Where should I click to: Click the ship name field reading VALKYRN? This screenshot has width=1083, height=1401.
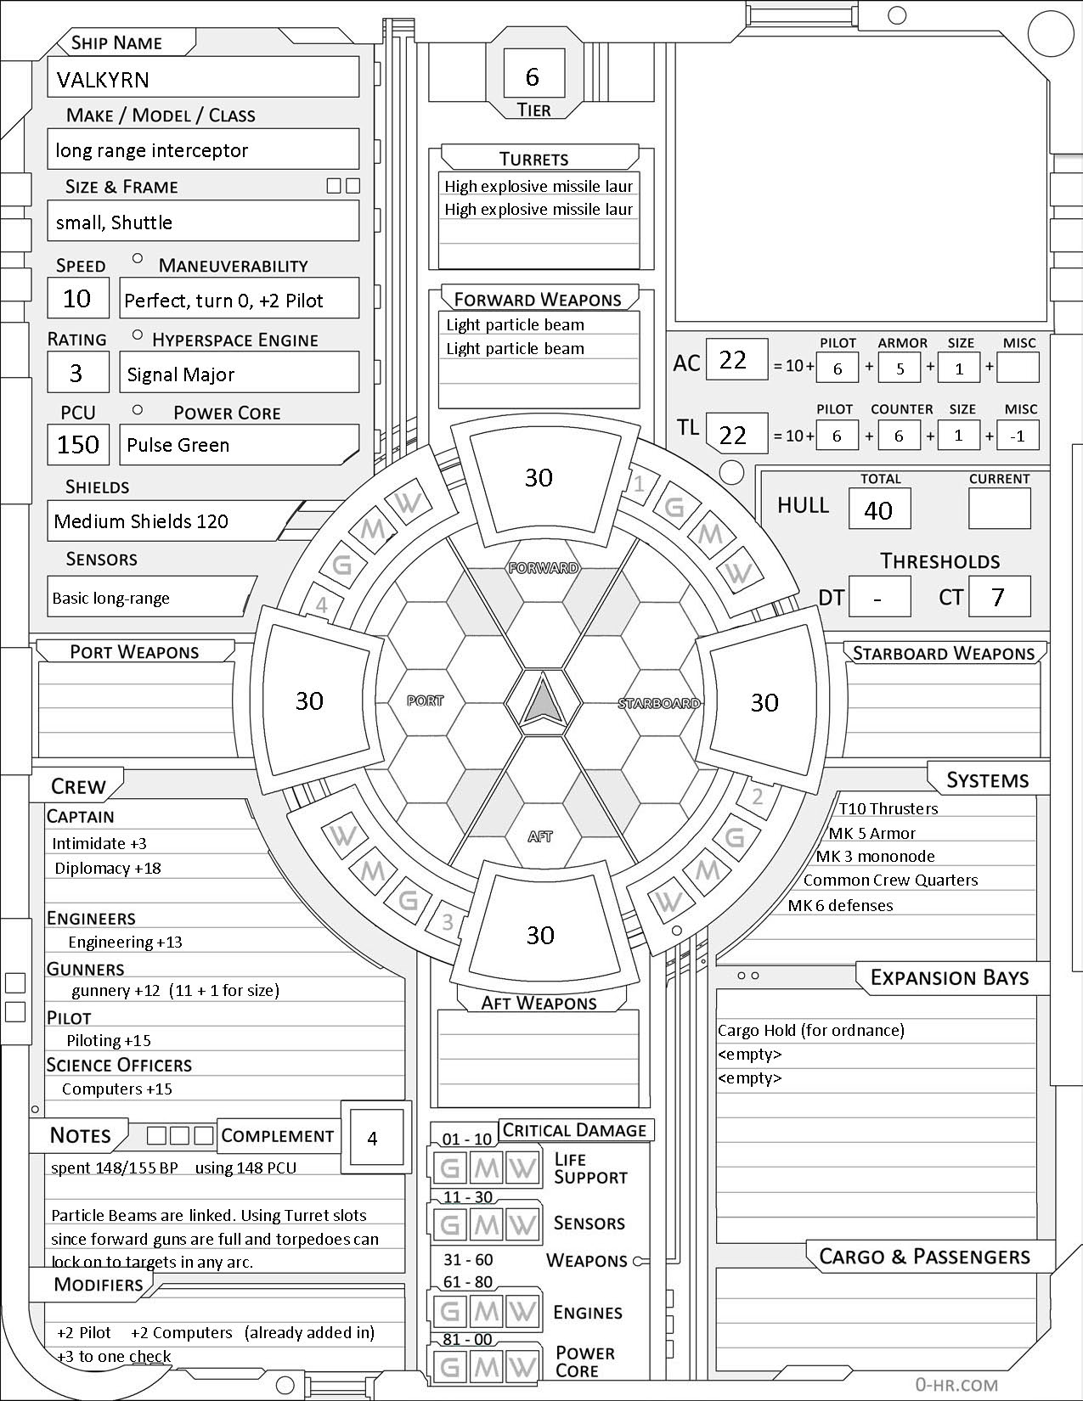(x=202, y=79)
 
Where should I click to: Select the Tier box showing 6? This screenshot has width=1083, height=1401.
(x=533, y=76)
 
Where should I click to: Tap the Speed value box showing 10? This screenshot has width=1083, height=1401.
(x=77, y=299)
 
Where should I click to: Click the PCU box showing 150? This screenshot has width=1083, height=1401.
(x=78, y=445)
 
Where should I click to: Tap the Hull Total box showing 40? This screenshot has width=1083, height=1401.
(x=878, y=509)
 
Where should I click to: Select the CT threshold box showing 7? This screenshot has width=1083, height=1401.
(x=998, y=597)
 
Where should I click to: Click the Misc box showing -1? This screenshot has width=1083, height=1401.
(x=1018, y=436)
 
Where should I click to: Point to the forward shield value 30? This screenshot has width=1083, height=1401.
(x=539, y=478)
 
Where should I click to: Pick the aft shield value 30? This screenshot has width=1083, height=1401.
(x=540, y=935)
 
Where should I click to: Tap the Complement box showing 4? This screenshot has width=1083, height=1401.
(x=372, y=1138)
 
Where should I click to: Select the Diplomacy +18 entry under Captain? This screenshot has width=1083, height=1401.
(x=108, y=869)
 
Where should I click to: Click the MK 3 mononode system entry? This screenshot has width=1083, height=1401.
(x=875, y=857)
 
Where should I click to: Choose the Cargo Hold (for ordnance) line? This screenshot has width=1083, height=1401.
(x=811, y=1030)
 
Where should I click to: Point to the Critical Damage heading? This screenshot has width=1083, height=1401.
(x=575, y=1130)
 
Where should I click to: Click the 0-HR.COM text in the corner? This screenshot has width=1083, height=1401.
(x=956, y=1384)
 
